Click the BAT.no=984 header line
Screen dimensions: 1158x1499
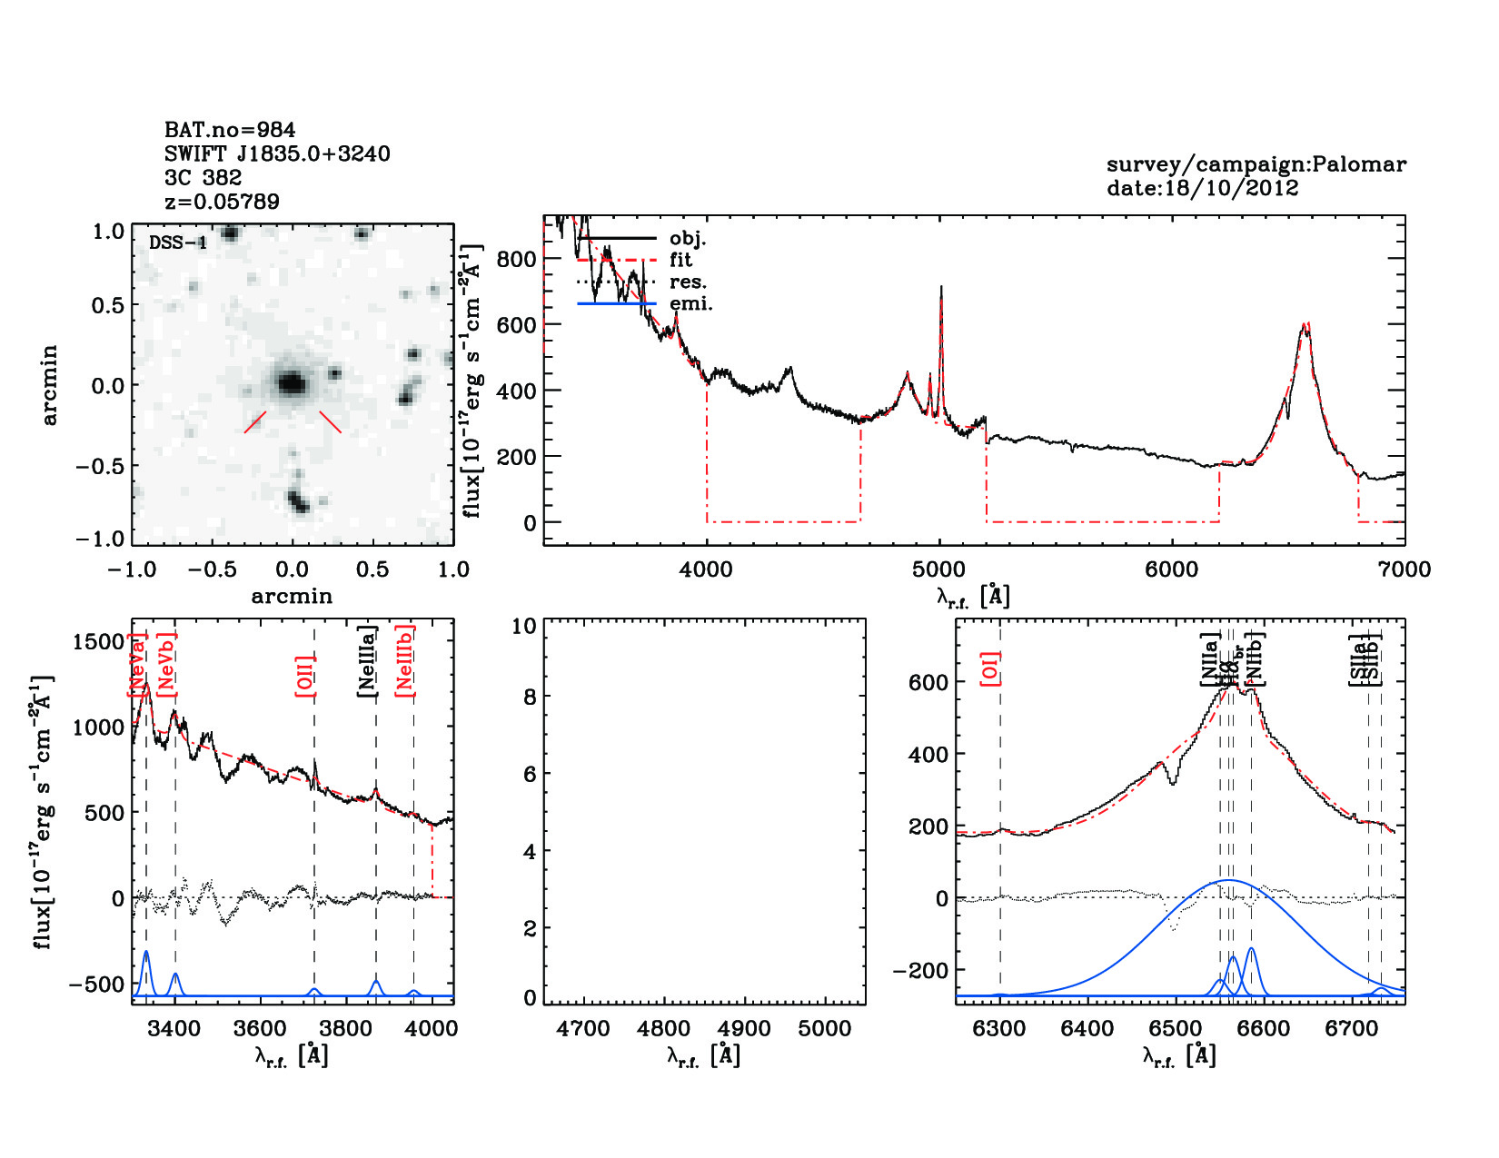pyautogui.click(x=230, y=130)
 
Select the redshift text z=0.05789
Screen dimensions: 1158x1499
pyautogui.click(x=222, y=201)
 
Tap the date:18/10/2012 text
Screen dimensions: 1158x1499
pyautogui.click(x=1202, y=188)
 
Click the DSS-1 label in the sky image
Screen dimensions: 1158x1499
pyautogui.click(x=178, y=243)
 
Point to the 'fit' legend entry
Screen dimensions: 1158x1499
pyautogui.click(x=680, y=260)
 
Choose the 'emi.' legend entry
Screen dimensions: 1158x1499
pyautogui.click(x=690, y=303)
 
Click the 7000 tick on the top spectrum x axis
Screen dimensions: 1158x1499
pyautogui.click(x=1404, y=569)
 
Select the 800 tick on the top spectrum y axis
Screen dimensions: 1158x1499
pyautogui.click(x=517, y=259)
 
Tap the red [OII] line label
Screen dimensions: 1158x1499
pyautogui.click(x=304, y=675)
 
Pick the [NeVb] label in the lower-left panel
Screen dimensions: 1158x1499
pyautogui.click(x=166, y=666)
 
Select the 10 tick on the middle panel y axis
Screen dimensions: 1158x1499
pyautogui.click(x=524, y=626)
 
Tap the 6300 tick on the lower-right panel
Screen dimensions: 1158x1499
pyautogui.click(x=999, y=1029)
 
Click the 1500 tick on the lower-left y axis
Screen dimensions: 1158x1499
pyautogui.click(x=98, y=642)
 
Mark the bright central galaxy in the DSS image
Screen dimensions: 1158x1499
pyautogui.click(x=291, y=383)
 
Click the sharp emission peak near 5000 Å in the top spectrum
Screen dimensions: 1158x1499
pyautogui.click(x=940, y=289)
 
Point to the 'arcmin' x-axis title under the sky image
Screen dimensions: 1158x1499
pyautogui.click(x=292, y=596)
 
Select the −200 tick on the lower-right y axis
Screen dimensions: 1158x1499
pyautogui.click(x=920, y=971)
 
